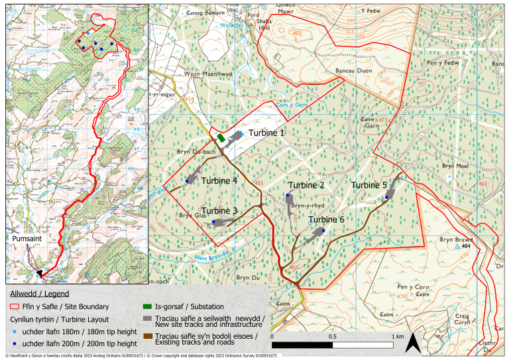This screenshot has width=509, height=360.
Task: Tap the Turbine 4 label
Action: click(219, 180)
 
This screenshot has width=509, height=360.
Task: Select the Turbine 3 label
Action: click(219, 211)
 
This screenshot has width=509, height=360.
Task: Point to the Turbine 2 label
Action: click(306, 185)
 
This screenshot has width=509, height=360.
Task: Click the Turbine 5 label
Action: click(369, 184)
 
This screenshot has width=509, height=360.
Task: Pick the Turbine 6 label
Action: click(326, 219)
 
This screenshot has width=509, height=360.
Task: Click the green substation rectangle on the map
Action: click(220, 137)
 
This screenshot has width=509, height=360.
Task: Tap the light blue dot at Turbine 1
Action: click(242, 134)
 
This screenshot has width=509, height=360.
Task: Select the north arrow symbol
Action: click(412, 343)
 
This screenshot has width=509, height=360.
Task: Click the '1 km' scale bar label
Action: click(398, 337)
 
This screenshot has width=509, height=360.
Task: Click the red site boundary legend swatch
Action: click(15, 307)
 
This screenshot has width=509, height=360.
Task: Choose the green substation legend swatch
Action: click(148, 307)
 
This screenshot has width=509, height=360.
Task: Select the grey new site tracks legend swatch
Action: click(148, 321)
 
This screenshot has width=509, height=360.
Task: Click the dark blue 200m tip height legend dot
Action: click(15, 344)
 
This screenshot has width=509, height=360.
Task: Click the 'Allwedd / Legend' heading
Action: click(39, 293)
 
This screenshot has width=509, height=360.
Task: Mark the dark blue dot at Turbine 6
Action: click(323, 231)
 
